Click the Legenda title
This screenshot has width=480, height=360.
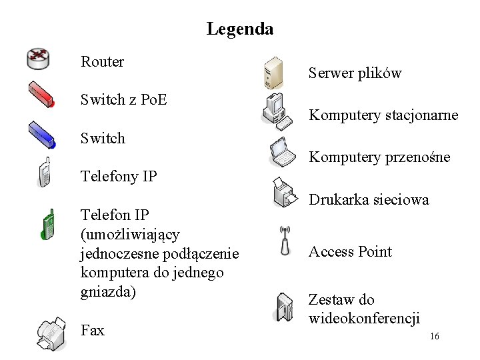point(239,29)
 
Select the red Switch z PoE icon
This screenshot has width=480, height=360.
point(41,95)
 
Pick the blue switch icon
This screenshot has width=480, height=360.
point(41,134)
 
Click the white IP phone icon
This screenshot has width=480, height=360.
point(44,173)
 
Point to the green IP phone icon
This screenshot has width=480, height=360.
point(47,224)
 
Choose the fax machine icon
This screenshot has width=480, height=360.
point(51,333)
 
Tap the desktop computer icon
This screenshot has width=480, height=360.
point(276,111)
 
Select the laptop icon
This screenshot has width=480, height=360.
point(283,152)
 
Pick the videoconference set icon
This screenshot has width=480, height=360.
point(283,307)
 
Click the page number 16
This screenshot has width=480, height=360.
point(434,337)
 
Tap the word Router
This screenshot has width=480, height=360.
point(102,62)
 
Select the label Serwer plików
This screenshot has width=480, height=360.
point(355,73)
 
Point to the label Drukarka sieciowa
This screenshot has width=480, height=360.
point(369,199)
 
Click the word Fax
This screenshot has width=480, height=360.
point(92,330)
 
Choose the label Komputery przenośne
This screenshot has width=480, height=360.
point(379,157)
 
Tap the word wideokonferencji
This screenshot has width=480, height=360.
point(364,318)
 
